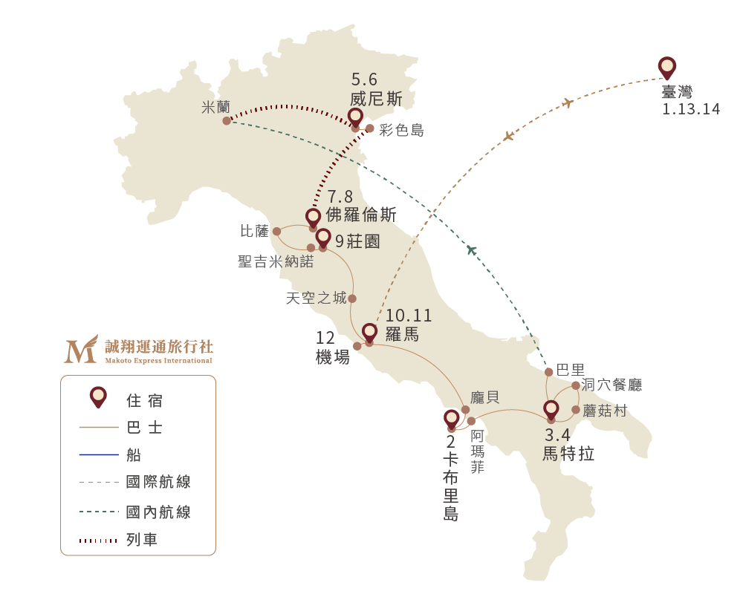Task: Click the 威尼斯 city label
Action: point(376,99)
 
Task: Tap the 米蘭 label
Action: point(215,108)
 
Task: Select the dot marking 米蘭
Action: point(227,121)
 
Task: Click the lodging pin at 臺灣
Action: point(666,68)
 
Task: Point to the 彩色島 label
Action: point(401,130)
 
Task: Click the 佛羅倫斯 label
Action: point(361,215)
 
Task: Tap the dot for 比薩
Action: point(276,232)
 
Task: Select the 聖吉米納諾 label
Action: point(276,261)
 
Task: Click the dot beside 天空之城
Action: point(352,298)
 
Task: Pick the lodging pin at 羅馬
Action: point(369,333)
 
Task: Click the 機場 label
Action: point(333,357)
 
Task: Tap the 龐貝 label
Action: point(484,397)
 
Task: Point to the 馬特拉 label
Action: point(568,454)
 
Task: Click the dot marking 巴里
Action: point(549,372)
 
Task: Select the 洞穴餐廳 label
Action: point(611,385)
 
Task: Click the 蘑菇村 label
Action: point(605,411)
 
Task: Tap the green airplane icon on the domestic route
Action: point(472,249)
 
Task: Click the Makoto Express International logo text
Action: point(159,360)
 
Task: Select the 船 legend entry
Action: point(111,455)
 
